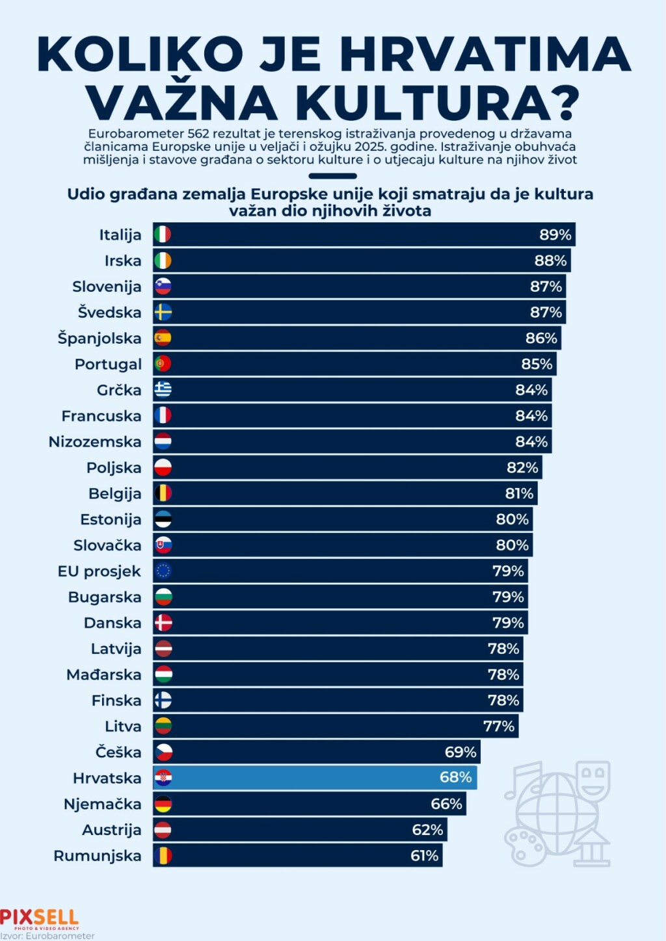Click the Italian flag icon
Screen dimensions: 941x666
point(163,235)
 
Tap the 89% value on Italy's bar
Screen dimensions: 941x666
point(555,235)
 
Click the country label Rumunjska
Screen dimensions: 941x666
point(98,856)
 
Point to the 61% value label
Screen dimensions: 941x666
point(424,856)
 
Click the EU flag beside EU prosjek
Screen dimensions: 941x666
point(163,571)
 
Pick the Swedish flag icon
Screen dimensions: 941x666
point(163,313)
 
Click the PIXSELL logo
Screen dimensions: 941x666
point(39,918)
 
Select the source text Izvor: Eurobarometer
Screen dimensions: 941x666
point(47,936)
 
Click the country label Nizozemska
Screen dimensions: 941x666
point(95,442)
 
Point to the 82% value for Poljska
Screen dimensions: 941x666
point(522,468)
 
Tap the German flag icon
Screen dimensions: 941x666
point(163,804)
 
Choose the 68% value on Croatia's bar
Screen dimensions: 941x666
point(455,778)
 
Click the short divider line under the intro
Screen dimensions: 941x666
point(332,176)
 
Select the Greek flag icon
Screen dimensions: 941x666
point(163,390)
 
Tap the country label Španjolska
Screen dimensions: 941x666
point(100,339)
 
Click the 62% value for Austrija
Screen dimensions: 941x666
point(427,830)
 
